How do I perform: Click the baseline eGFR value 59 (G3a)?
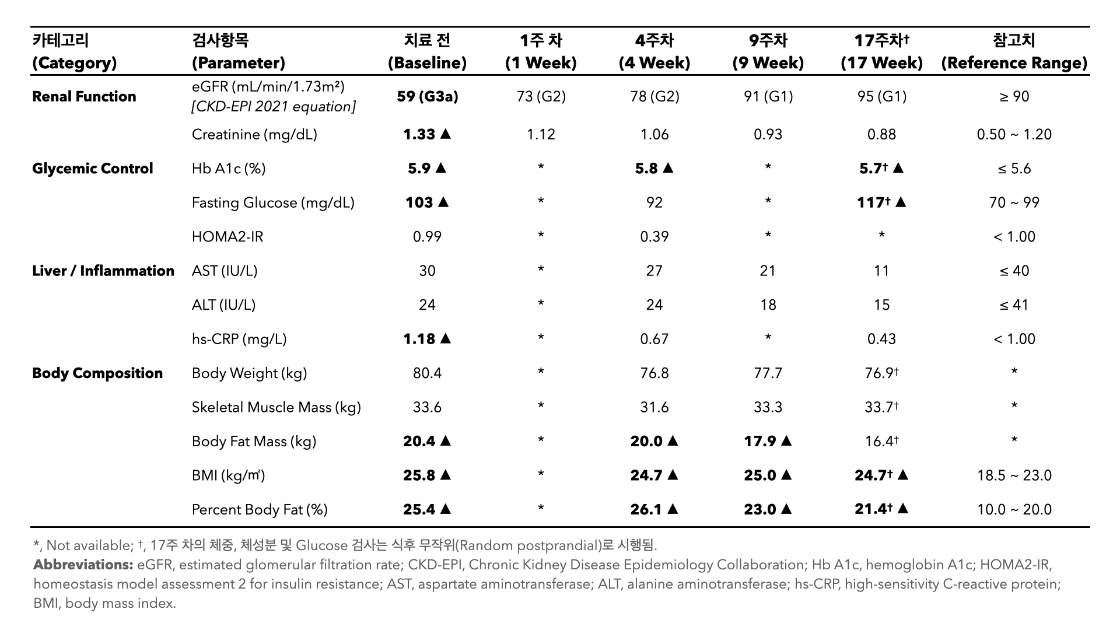coord(427,96)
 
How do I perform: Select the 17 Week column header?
coord(881,51)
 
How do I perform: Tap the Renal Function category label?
coord(84,96)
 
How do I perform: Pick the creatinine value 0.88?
coord(881,134)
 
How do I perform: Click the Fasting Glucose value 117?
coord(873,202)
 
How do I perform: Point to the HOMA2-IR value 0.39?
coord(654,236)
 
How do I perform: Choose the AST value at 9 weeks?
coord(768,271)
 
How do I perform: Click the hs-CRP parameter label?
coord(239,339)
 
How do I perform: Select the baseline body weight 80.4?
coord(427,373)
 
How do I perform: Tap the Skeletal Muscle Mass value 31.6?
coord(654,407)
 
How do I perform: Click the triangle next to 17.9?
coord(786,441)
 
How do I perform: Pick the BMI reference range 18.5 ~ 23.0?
coord(1014,475)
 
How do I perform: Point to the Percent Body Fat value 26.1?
coord(646,509)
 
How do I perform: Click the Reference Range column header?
coord(1014,51)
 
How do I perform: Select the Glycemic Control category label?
coord(93,169)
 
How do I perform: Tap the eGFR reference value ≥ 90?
coord(1014,96)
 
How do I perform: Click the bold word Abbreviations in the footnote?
coord(83,565)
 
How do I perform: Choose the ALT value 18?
coord(768,304)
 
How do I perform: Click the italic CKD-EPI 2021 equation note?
coord(274,107)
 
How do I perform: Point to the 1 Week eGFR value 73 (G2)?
coord(541,96)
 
